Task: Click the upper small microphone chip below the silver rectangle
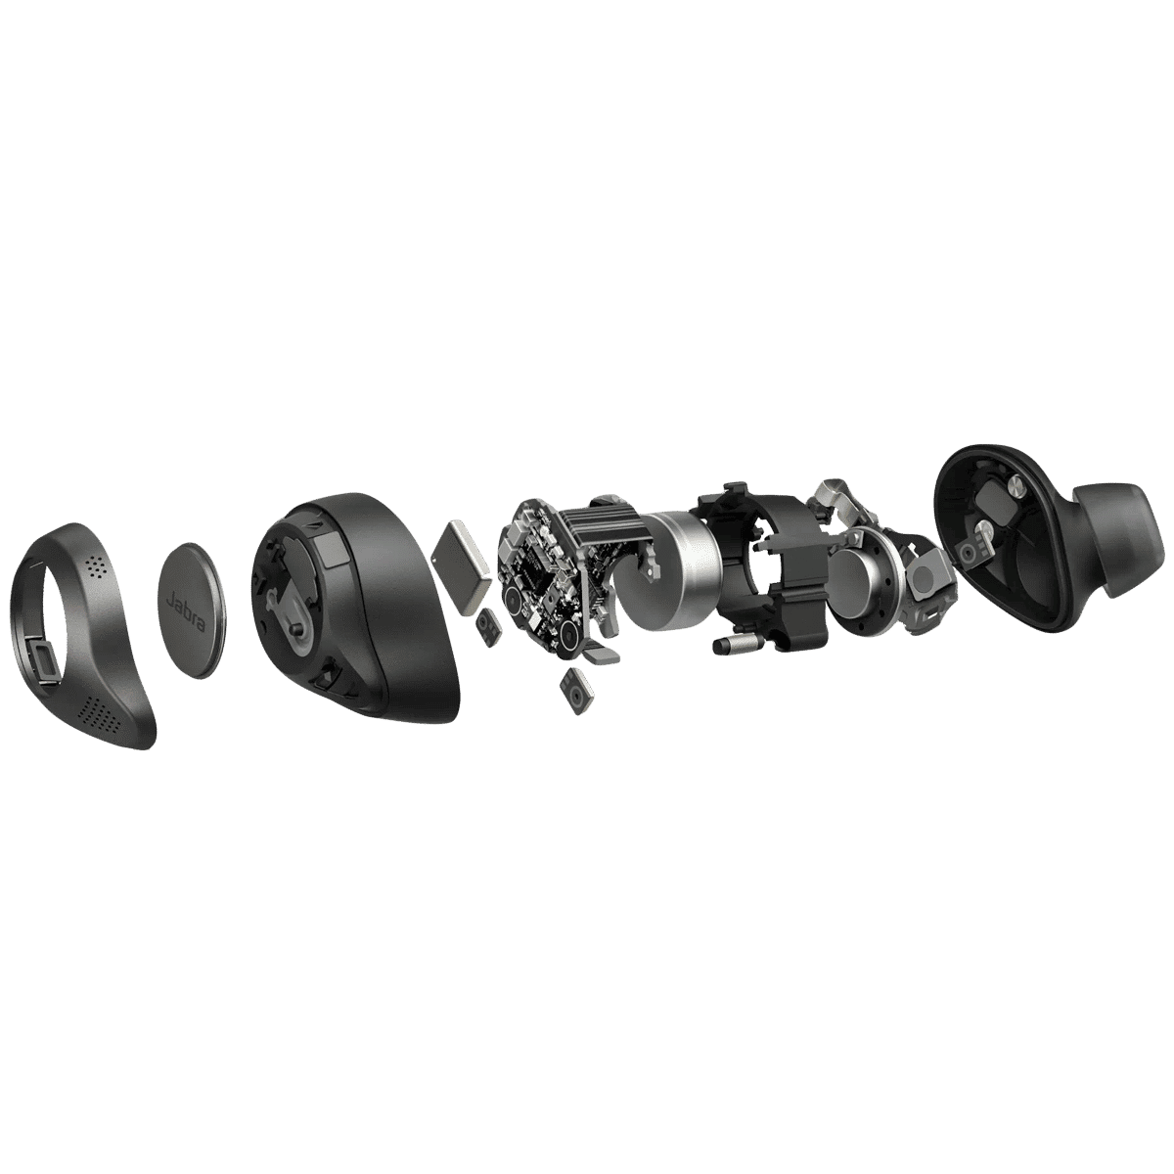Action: point(487,622)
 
